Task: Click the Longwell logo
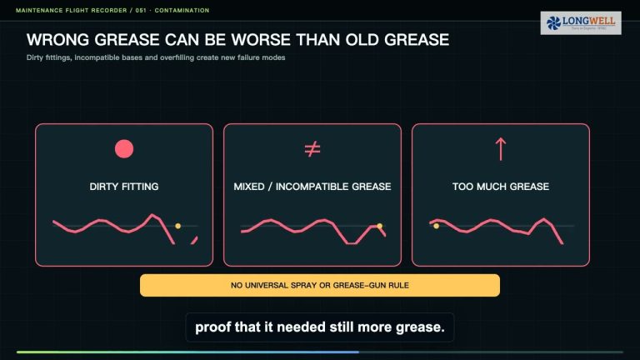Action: point(581,22)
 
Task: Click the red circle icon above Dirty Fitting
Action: point(124,148)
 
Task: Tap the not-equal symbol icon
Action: point(312,149)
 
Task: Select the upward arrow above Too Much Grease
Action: point(501,149)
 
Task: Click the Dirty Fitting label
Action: point(124,187)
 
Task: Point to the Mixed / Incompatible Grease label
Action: point(312,187)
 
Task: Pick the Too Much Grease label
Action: point(501,187)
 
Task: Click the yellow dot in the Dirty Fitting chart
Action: point(178,226)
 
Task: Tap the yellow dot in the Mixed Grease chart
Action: point(380,226)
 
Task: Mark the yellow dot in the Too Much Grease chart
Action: point(437,226)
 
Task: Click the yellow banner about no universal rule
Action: point(320,285)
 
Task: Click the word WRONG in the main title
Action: point(57,40)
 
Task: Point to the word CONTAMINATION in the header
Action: point(182,10)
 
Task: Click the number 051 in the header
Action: point(141,10)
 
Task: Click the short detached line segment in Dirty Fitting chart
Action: point(194,240)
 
